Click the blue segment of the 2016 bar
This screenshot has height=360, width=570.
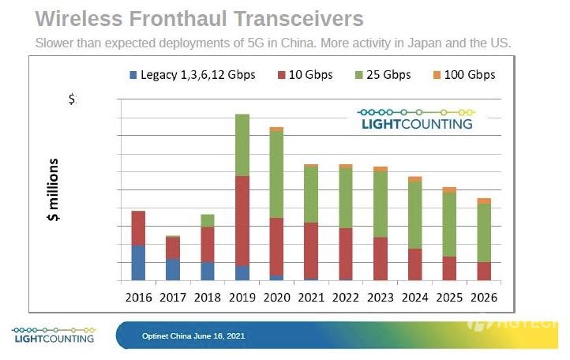(138, 262)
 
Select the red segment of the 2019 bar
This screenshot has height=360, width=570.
(242, 220)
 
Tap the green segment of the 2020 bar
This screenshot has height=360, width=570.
(276, 174)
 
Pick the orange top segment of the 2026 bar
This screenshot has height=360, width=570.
(484, 201)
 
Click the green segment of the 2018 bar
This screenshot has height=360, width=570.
(208, 220)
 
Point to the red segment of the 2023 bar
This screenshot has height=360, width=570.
(381, 258)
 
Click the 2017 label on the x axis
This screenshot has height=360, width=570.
(173, 298)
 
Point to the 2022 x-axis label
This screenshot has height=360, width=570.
(346, 298)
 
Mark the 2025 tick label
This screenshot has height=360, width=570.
(449, 298)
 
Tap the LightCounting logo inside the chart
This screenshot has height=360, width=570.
(416, 118)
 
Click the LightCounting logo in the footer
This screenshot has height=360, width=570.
(53, 334)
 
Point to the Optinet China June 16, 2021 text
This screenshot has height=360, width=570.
(193, 336)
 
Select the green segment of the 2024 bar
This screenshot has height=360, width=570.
(415, 215)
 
